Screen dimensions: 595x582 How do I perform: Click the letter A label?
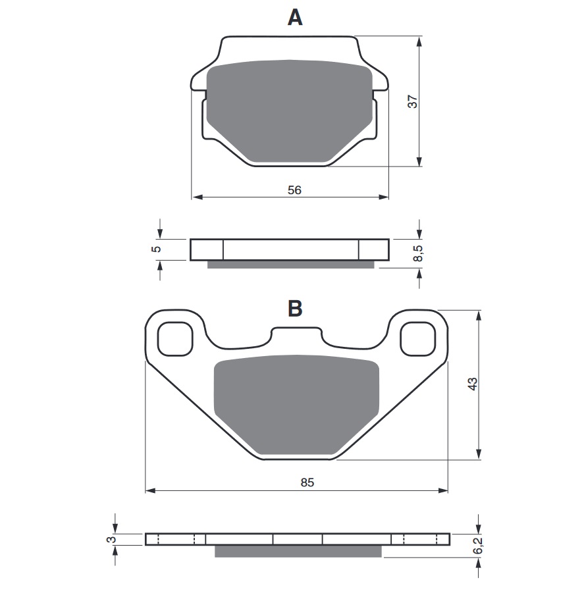(x=295, y=18)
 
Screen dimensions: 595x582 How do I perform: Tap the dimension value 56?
(x=294, y=190)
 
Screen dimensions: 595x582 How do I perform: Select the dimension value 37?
(x=412, y=102)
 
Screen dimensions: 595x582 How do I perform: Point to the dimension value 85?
(x=307, y=482)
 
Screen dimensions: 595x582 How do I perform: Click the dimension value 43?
(x=472, y=384)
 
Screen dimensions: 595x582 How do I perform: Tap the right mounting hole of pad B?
(x=418, y=339)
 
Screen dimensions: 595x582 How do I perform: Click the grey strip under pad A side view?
(x=291, y=265)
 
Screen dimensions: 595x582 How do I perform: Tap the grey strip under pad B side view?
(x=298, y=551)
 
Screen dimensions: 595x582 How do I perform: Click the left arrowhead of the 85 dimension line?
(x=149, y=490)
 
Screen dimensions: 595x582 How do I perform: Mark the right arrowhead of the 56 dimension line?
(x=384, y=197)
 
